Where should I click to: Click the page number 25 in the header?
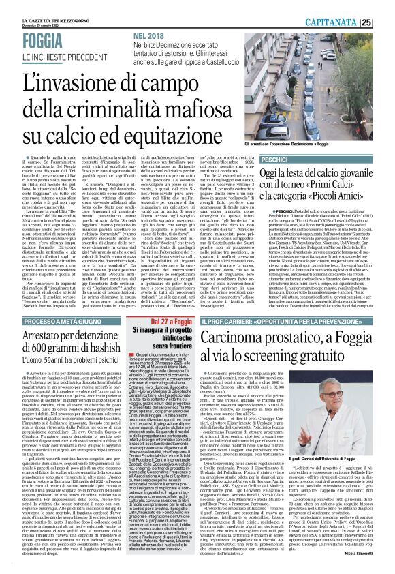[385, 22]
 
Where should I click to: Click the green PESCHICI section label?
[298, 158]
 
